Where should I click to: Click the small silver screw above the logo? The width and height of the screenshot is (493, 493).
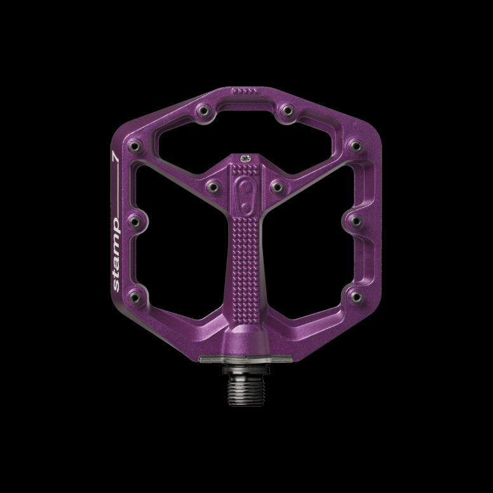pyautogui.click(x=244, y=154)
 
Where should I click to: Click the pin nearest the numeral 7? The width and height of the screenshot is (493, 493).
pyautogui.click(x=135, y=148)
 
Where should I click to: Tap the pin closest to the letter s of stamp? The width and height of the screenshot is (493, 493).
pyautogui.click(x=133, y=295)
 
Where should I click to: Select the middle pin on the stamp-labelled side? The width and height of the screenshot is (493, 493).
pyautogui.click(x=134, y=222)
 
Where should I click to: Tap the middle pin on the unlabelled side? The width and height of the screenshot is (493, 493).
pyautogui.click(x=353, y=222)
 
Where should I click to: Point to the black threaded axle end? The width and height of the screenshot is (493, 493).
pyautogui.click(x=245, y=381)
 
